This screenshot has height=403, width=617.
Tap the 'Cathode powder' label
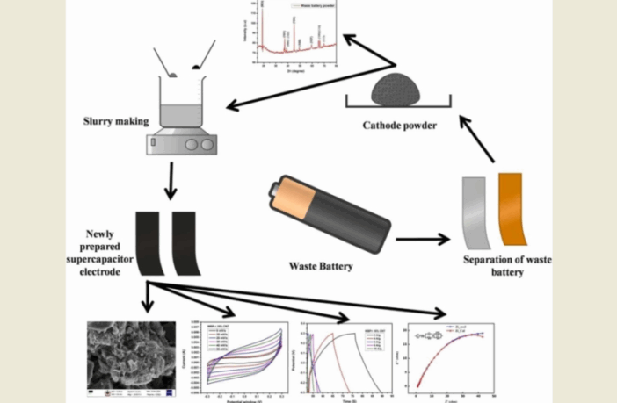tap(400, 125)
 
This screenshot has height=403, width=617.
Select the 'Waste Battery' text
tap(320, 265)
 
